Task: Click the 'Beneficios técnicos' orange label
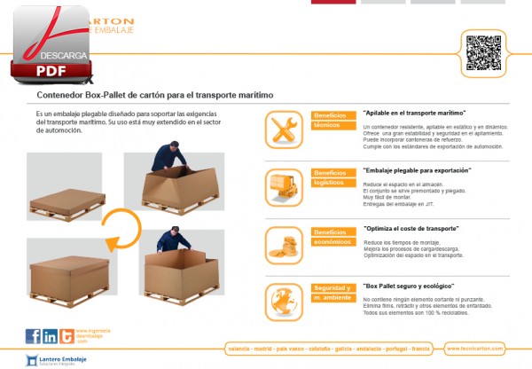pos(332,122)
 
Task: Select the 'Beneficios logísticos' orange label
pos(332,177)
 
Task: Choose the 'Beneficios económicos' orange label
pos(332,237)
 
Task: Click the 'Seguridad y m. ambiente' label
pos(332,292)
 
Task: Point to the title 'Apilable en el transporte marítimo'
pos(415,114)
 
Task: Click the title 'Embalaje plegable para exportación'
pos(418,169)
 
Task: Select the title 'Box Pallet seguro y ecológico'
pos(410,287)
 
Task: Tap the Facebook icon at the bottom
pos(34,335)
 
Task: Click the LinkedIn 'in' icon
pos(50,335)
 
